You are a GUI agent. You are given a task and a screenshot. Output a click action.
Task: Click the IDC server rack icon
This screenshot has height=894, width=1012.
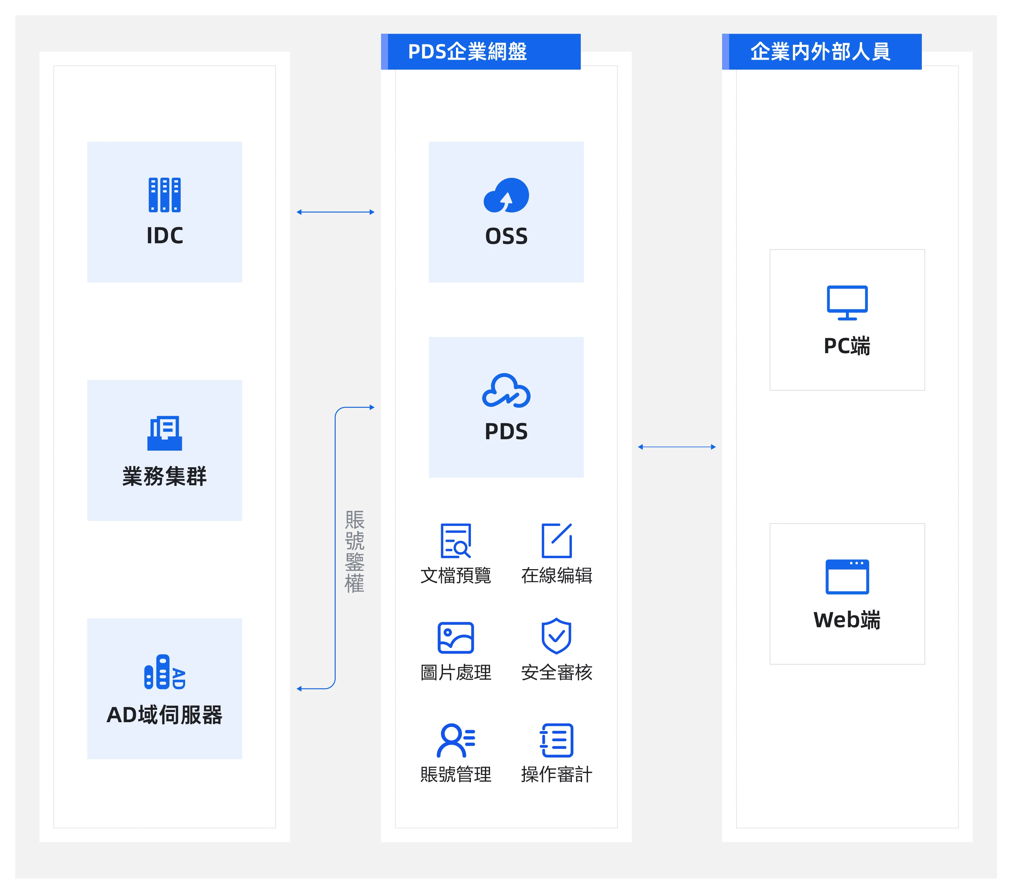pyautogui.click(x=164, y=195)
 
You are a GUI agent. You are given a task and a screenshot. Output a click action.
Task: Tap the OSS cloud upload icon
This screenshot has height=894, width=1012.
pyautogui.click(x=506, y=195)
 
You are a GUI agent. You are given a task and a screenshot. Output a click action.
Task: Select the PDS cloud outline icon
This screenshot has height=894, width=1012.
pyautogui.click(x=506, y=390)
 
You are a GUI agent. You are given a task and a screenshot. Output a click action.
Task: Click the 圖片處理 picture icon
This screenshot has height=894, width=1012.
pyautogui.click(x=455, y=637)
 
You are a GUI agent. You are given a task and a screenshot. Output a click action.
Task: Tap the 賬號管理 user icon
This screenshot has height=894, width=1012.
pyautogui.click(x=455, y=741)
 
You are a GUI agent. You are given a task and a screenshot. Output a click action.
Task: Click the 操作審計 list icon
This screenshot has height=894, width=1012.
pyautogui.click(x=557, y=741)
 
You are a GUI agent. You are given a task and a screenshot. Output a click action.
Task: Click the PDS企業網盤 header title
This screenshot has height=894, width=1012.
pyautogui.click(x=467, y=51)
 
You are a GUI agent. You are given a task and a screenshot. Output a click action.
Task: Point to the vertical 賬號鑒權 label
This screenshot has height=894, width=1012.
pyautogui.click(x=354, y=551)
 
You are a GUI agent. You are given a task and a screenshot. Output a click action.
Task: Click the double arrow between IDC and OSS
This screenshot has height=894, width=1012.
pyautogui.click(x=335, y=212)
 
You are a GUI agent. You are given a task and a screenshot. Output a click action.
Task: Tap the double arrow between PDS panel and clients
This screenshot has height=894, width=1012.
pyautogui.click(x=676, y=447)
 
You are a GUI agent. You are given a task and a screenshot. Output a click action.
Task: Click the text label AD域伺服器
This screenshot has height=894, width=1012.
pyautogui.click(x=164, y=715)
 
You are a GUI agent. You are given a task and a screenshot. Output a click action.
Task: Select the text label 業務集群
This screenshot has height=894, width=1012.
pyautogui.click(x=164, y=476)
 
